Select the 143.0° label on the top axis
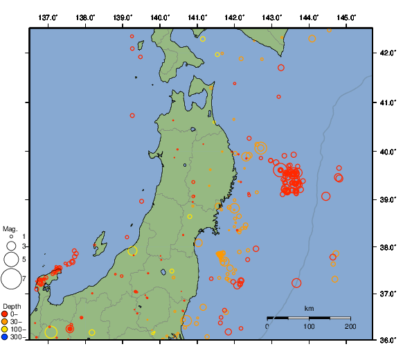tap(272, 17)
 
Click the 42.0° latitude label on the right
tap(386, 53)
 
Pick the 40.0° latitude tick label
tap(386, 151)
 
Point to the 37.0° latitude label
tap(386, 294)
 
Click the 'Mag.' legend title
tap(10, 228)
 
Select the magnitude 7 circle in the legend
tap(10, 279)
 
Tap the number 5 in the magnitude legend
tap(23, 259)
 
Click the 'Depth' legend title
tap(12, 306)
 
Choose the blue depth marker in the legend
tap(5, 337)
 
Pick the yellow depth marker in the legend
tap(5, 330)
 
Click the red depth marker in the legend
tap(5, 314)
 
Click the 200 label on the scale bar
tap(350, 326)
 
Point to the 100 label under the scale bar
tap(309, 326)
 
